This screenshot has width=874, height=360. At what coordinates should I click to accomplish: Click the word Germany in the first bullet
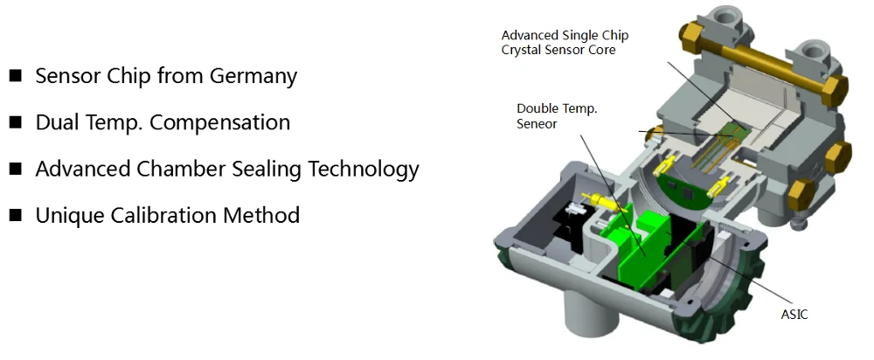point(253,76)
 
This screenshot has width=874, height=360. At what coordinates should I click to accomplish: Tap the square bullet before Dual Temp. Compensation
point(15,122)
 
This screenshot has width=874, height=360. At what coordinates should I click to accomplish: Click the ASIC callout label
point(794,315)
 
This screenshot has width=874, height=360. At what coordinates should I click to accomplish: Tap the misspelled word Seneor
point(537,124)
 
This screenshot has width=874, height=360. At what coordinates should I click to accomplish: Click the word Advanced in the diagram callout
point(526,35)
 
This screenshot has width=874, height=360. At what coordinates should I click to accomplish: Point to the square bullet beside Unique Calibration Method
point(15,215)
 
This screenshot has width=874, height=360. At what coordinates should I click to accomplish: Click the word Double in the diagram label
point(537,108)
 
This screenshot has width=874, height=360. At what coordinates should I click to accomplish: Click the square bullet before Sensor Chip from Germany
point(15,75)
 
